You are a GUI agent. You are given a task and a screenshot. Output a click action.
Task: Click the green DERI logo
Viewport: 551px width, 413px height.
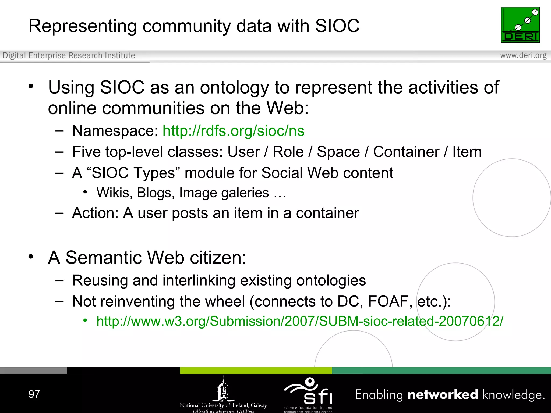(x=520, y=25)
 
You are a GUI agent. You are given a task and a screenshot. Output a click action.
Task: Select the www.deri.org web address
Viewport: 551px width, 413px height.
(x=523, y=55)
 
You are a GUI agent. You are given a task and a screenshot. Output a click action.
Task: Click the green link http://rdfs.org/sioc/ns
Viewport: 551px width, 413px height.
(x=234, y=131)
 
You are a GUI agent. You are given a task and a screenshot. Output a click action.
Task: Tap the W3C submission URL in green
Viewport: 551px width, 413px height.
(x=300, y=321)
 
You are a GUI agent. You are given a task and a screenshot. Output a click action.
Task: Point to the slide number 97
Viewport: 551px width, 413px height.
(x=34, y=394)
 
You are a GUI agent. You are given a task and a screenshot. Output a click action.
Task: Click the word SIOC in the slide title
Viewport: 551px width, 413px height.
(x=337, y=26)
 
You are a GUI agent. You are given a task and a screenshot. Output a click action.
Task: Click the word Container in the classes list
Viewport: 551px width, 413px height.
(x=406, y=152)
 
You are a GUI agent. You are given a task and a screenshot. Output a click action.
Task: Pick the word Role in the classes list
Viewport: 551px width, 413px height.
(x=288, y=152)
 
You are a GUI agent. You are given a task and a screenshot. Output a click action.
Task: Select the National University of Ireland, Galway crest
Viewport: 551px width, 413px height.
(x=223, y=390)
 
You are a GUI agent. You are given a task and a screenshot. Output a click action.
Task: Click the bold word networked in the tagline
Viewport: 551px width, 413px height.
(x=443, y=395)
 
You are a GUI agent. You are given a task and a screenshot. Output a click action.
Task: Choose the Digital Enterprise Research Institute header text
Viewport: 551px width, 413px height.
(x=69, y=55)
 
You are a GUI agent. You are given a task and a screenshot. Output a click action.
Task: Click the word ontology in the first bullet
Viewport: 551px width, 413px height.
(x=234, y=87)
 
